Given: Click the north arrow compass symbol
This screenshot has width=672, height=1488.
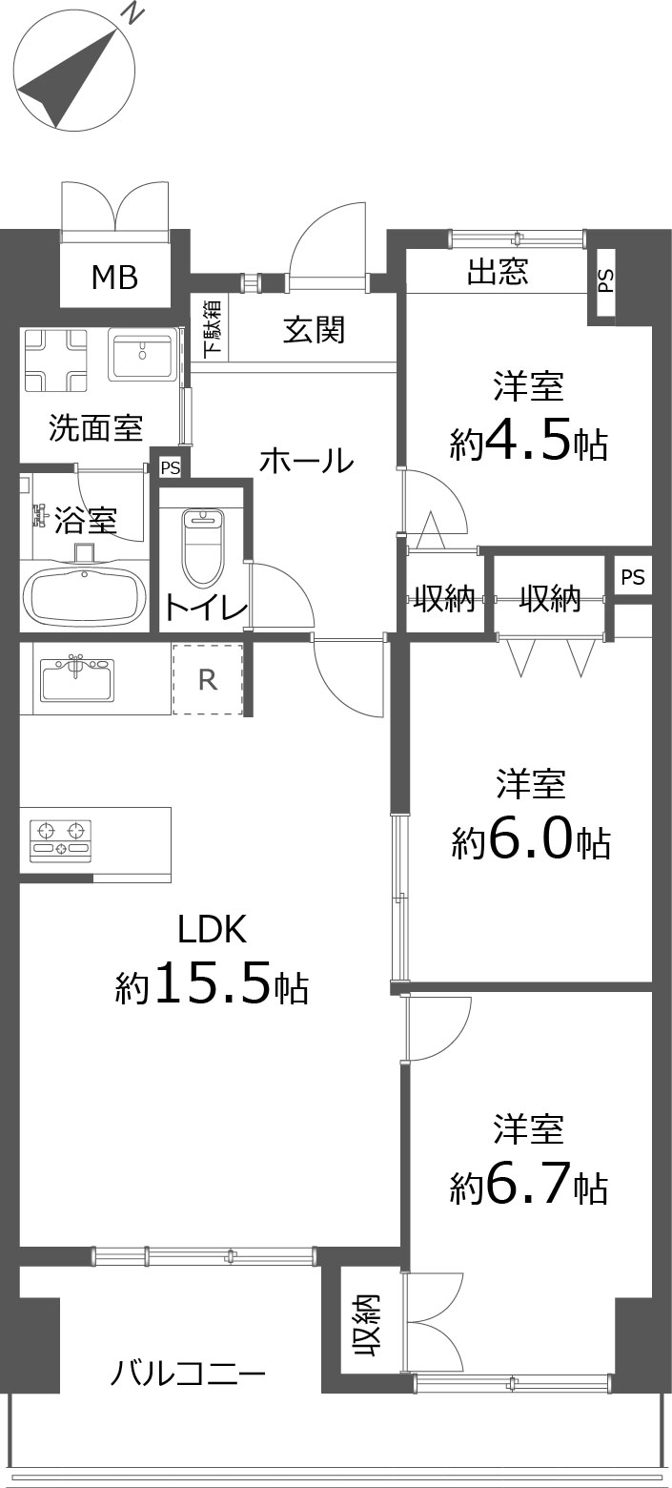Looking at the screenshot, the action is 74,73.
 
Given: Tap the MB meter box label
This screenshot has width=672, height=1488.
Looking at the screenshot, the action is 115,277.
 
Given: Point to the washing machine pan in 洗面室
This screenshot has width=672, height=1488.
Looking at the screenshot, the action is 56,360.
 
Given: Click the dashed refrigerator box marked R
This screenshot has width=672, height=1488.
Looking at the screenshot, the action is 208,679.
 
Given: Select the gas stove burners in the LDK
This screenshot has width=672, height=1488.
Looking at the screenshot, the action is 60,841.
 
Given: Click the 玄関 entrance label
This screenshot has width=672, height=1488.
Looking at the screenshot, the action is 315,329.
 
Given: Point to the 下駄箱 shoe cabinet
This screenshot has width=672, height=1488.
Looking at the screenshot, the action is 213,329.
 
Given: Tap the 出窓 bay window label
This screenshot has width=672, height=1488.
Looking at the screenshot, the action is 498,272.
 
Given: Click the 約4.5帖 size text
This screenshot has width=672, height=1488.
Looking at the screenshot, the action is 529,444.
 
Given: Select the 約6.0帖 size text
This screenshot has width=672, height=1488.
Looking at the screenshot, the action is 531,841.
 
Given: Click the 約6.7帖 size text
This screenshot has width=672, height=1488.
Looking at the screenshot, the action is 529,1188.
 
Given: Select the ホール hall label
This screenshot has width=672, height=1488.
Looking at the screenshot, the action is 306,461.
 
